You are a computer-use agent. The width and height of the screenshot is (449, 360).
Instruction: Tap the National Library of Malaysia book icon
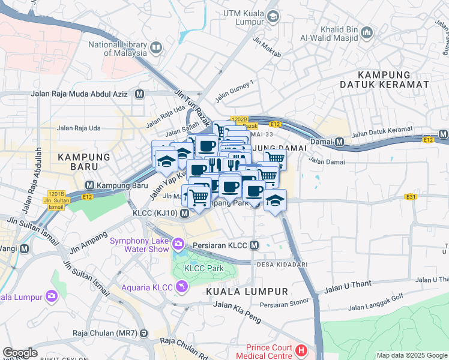click(x=156, y=47)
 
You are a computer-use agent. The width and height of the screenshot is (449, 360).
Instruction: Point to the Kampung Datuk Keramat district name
click(x=393, y=80)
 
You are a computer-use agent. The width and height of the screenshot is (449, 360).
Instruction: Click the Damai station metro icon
click(x=339, y=142)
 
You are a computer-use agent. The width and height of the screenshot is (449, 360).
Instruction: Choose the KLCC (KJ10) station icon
click(x=184, y=214)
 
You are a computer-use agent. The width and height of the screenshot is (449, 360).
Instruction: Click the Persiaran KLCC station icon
click(x=254, y=245)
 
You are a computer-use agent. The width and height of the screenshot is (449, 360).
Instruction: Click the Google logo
click(x=20, y=353)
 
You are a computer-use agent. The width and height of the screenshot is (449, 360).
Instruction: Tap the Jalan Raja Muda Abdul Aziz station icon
click(x=140, y=94)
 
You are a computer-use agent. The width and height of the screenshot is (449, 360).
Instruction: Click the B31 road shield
click(x=411, y=196)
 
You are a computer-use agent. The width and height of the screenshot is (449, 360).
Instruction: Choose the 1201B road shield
click(x=56, y=194)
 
